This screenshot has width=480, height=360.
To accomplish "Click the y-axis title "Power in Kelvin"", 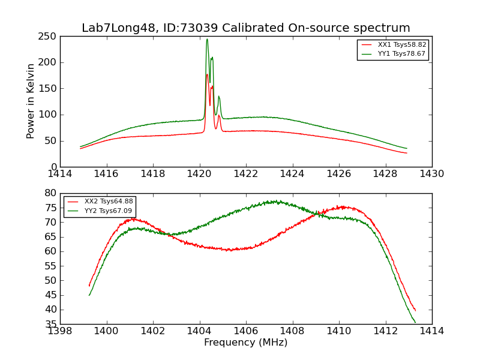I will coord(31,101).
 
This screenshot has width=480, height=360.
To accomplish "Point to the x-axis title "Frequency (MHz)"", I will coord(245,343).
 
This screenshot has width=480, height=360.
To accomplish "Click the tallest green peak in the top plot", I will coord(207,40).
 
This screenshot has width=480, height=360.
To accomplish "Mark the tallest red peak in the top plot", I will coord(207,74).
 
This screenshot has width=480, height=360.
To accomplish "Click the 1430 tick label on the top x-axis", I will coord(431,174).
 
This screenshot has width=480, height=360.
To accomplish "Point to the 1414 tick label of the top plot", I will coord(60,174).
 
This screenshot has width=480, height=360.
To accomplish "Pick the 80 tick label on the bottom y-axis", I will coord(50,193).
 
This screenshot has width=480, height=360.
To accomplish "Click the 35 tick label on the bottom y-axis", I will coord(50,324).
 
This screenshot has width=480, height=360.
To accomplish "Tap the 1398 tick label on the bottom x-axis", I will coord(60,331).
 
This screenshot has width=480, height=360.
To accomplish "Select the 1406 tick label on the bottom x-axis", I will coord(245,331).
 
